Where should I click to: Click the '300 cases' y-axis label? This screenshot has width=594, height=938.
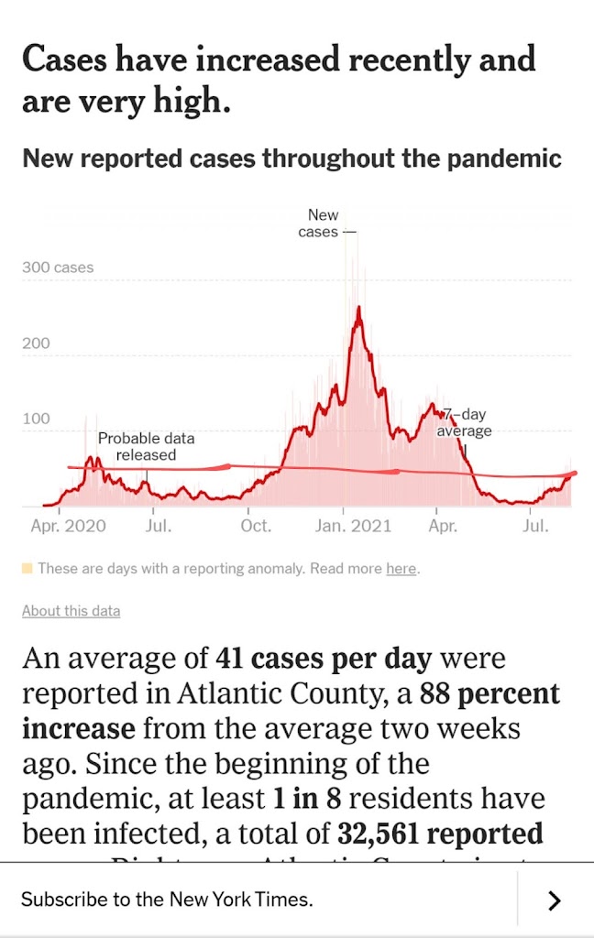click(x=58, y=267)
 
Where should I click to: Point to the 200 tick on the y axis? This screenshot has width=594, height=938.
click(x=36, y=344)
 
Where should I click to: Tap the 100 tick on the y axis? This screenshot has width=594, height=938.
click(x=36, y=419)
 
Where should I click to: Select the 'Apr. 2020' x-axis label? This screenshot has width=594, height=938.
click(x=68, y=526)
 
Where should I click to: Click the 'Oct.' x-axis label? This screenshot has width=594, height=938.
click(x=256, y=526)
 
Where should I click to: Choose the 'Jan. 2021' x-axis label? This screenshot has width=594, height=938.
click(x=352, y=526)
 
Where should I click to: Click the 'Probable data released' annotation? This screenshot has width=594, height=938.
click(x=146, y=446)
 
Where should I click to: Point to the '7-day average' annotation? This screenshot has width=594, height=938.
click(x=464, y=423)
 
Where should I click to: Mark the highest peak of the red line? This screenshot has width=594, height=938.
click(x=358, y=308)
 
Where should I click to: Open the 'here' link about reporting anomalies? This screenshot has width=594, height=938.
click(x=401, y=569)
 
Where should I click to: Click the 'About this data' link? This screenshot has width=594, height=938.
click(x=71, y=611)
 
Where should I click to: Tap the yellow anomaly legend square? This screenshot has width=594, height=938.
click(x=27, y=569)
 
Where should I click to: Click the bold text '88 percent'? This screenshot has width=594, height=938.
click(x=489, y=693)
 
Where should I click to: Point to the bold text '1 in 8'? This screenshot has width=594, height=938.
click(x=306, y=798)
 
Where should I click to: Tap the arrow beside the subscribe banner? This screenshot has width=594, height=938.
click(x=554, y=900)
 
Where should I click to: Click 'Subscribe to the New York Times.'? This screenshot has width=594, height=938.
click(x=167, y=900)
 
